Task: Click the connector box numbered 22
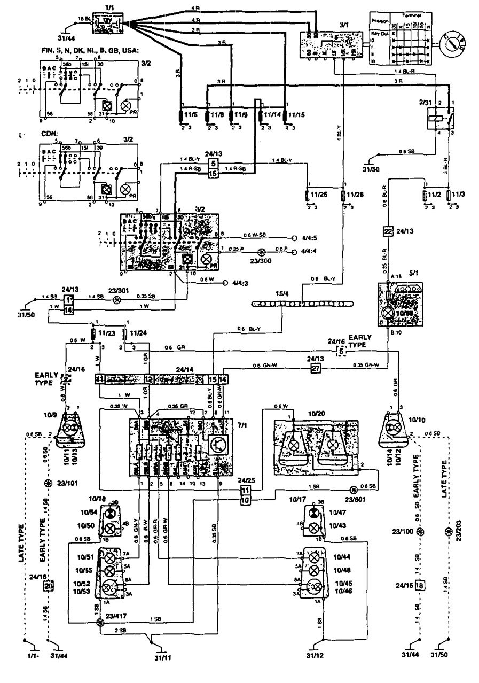[388, 231]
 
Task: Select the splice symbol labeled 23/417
[100, 623]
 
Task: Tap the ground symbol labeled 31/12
[324, 640]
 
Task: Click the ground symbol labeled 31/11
[153, 640]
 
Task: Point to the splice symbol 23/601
[352, 490]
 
